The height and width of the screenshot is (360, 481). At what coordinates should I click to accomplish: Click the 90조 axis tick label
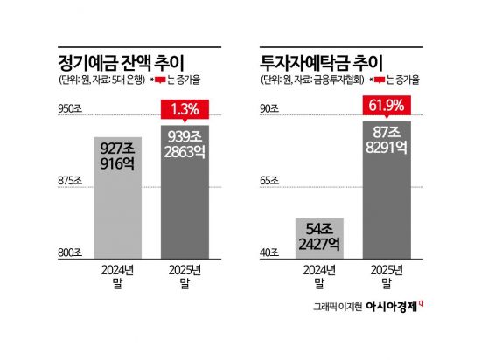[x=270, y=109]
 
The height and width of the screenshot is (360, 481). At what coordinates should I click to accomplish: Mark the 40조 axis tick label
[x=270, y=253]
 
